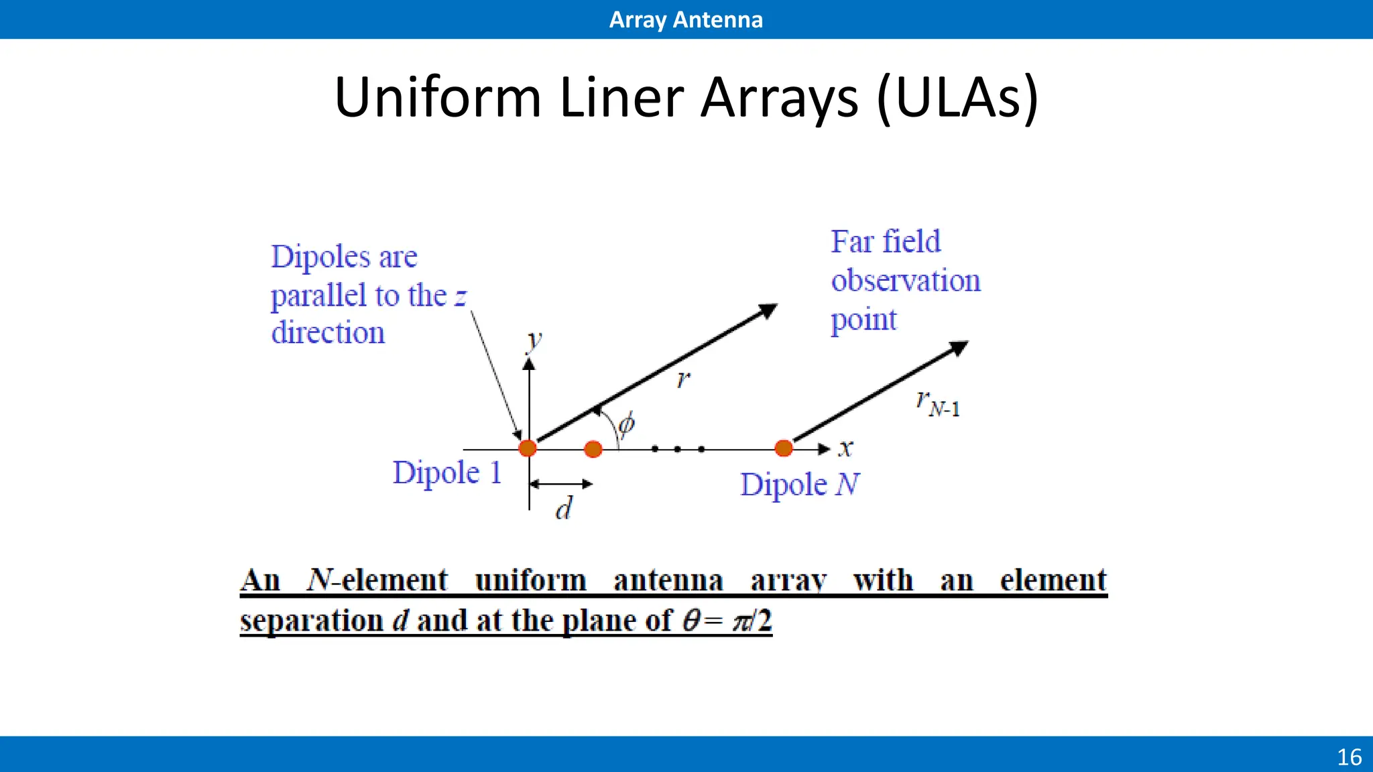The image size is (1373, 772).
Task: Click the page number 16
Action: pyautogui.click(x=1349, y=757)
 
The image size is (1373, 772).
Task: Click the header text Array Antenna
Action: pyautogui.click(x=686, y=19)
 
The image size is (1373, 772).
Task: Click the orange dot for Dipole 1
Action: pyautogui.click(x=528, y=448)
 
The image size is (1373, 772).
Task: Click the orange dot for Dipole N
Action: pyautogui.click(x=784, y=448)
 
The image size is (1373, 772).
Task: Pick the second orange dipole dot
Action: pyautogui.click(x=593, y=449)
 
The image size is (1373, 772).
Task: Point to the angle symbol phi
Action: pyautogui.click(x=626, y=424)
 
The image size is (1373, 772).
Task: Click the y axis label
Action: pyautogui.click(x=534, y=340)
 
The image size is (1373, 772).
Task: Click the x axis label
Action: pyautogui.click(x=846, y=448)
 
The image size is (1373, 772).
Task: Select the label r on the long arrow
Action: pyautogui.click(x=683, y=379)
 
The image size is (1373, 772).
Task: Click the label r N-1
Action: pyautogui.click(x=938, y=403)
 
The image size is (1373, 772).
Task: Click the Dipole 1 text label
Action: pyautogui.click(x=447, y=472)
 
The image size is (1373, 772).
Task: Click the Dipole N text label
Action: pyautogui.click(x=799, y=485)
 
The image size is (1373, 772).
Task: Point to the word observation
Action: pyautogui.click(x=906, y=281)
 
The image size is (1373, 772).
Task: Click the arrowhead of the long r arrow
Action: pyautogui.click(x=768, y=310)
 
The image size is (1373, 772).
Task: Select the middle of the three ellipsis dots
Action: pyautogui.click(x=678, y=449)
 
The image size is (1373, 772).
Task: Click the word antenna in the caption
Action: pyautogui.click(x=668, y=580)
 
